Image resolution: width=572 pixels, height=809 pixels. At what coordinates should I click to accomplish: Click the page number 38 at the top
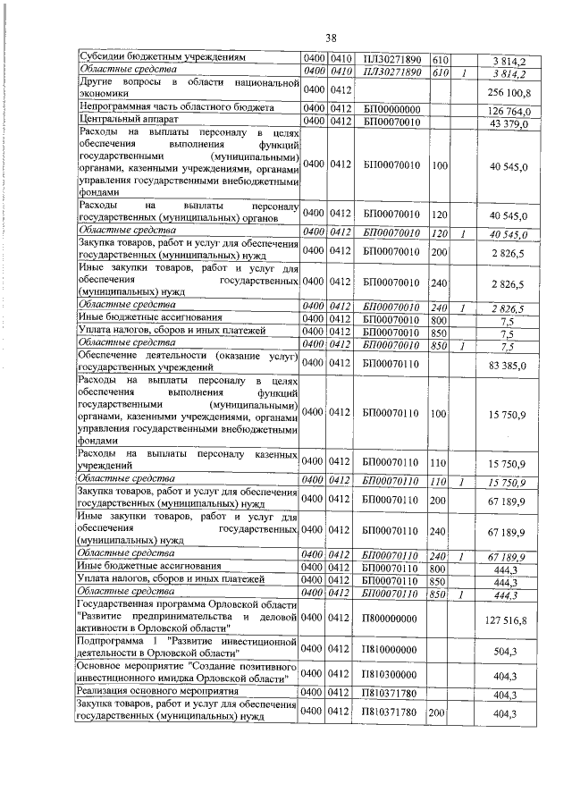(330, 38)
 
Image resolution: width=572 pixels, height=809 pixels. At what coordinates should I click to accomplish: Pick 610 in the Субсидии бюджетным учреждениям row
(439, 57)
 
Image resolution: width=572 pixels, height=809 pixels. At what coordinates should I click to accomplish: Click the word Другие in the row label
(97, 83)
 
